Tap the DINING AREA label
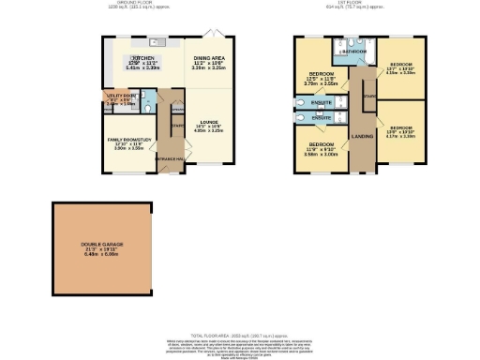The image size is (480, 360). (208, 58)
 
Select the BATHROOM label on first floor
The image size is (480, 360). (354, 52)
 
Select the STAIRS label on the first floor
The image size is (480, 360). (368, 95)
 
